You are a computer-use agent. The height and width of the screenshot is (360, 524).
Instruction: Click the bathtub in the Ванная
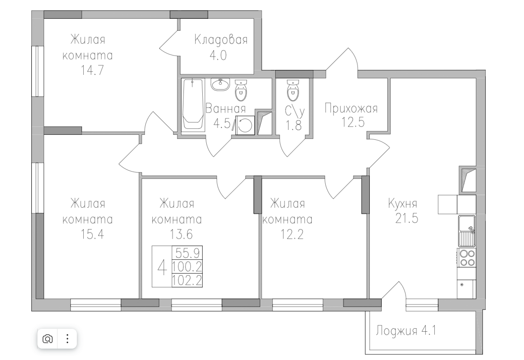[x=193, y=105]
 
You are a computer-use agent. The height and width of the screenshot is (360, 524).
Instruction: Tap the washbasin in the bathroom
[x=220, y=84]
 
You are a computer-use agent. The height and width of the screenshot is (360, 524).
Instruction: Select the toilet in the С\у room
[x=292, y=90]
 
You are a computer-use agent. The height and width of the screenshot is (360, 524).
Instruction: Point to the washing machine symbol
[x=245, y=125]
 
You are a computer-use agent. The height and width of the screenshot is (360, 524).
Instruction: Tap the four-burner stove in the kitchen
[x=467, y=258]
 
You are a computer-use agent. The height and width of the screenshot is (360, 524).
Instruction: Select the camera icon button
[x=48, y=339]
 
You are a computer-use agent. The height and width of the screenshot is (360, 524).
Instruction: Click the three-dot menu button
[x=67, y=339]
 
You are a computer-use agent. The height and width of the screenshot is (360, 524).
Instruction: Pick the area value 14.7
[x=92, y=70]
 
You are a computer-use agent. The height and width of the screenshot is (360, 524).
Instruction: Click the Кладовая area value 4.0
[x=218, y=55]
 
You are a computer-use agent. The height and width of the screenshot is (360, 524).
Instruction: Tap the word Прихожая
[x=351, y=108]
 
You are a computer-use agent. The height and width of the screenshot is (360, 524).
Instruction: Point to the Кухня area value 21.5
[x=407, y=218]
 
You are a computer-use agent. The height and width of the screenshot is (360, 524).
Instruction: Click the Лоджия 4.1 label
[x=406, y=331]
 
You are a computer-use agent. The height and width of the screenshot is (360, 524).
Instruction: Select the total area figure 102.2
[x=187, y=281]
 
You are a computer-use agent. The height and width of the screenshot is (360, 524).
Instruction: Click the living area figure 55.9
[x=187, y=253]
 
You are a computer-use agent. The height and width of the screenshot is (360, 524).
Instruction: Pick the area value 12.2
[x=291, y=235]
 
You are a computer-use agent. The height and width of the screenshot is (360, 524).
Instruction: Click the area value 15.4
[x=92, y=235]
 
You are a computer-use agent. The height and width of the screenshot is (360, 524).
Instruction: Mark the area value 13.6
[x=181, y=235]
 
